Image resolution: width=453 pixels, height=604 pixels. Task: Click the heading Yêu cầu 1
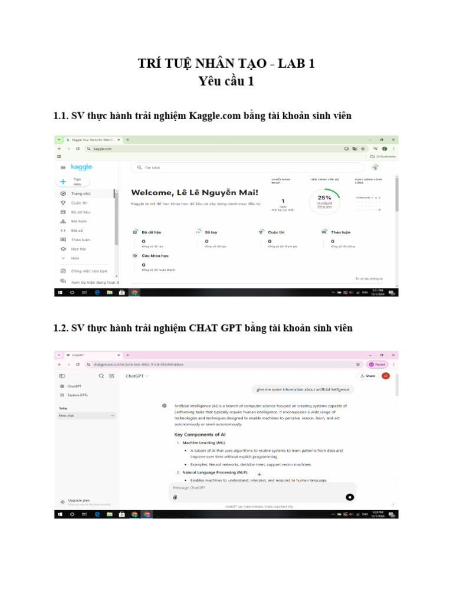point(226,81)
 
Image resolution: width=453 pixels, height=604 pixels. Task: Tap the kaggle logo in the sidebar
point(81,167)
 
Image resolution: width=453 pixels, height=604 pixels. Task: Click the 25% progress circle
point(324,201)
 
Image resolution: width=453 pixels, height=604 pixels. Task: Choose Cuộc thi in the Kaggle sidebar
point(79,202)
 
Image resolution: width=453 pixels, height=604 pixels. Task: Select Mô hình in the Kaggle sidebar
point(78,221)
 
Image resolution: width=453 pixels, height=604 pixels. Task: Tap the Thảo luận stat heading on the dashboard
point(340,232)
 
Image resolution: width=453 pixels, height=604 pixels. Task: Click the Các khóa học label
point(155,256)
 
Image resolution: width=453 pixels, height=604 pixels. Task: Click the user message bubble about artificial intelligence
point(302,389)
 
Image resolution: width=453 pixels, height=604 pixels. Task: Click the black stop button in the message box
point(349,497)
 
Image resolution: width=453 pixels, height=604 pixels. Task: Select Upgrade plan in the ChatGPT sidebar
point(78,500)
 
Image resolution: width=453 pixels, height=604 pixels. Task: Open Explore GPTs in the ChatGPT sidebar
point(77,395)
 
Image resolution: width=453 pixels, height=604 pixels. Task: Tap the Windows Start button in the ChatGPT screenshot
point(60,514)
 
